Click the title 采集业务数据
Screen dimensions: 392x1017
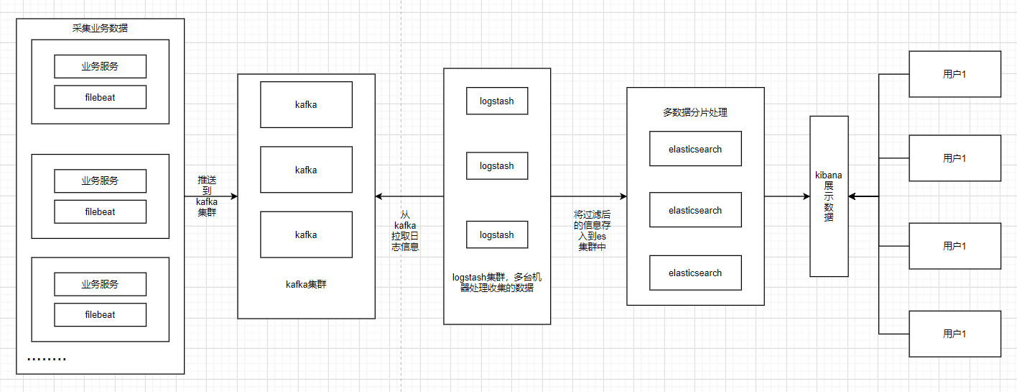(100, 29)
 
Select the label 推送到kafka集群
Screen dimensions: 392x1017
(207, 196)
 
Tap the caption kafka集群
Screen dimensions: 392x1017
(306, 284)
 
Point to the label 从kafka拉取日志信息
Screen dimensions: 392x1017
(405, 230)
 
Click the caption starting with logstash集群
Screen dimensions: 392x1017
(497, 282)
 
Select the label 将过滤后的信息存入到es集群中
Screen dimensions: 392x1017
(592, 230)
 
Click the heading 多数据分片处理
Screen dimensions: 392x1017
(695, 113)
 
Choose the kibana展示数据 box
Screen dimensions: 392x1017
(829, 196)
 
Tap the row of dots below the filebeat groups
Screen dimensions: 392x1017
(47, 359)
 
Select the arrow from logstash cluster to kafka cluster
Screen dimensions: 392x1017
(409, 196)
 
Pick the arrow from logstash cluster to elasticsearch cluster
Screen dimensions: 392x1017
(588, 196)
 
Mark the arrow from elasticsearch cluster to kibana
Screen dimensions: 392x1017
(787, 196)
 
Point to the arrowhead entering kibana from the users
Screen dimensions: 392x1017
(853, 196)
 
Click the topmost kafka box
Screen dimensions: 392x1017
(306, 104)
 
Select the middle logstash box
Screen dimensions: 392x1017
(497, 166)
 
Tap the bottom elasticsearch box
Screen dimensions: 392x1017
(695, 273)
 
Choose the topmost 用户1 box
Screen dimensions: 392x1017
(955, 74)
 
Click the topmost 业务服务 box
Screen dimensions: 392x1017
(100, 66)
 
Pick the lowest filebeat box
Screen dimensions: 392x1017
(100, 314)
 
